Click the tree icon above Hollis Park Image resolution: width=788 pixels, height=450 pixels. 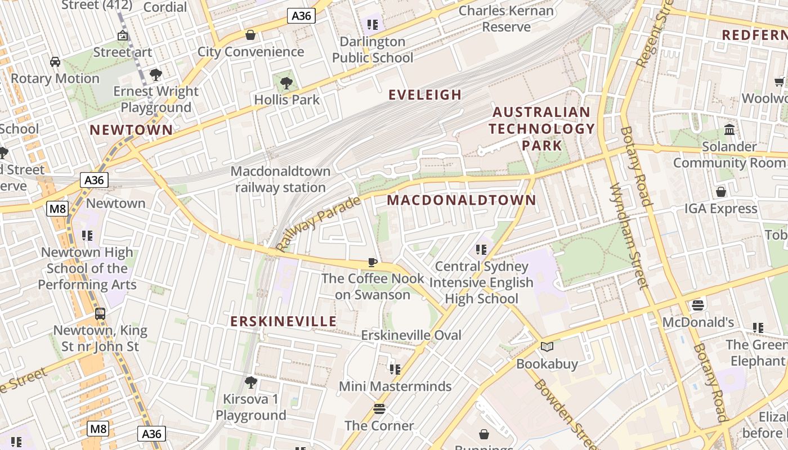(286, 84)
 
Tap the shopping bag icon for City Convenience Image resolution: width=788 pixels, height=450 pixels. (250, 35)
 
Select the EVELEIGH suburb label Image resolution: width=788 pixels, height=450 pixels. (425, 94)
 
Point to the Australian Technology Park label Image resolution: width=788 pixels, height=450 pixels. (541, 129)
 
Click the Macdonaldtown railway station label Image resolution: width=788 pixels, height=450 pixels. (280, 179)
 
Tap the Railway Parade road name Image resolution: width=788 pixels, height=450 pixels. (319, 223)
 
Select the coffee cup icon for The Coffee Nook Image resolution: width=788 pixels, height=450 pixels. (372, 262)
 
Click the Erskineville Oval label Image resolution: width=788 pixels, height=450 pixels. (411, 335)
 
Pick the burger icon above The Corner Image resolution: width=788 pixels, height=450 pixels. (379, 409)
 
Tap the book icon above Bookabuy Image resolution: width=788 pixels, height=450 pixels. (547, 346)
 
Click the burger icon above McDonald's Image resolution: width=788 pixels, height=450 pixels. (698, 305)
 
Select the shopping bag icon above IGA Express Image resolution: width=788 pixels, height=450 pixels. (721, 192)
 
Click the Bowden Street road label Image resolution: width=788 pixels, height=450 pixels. (563, 413)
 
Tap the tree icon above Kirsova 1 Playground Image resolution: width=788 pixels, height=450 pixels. (251, 382)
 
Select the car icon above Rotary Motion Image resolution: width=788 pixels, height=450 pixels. (55, 61)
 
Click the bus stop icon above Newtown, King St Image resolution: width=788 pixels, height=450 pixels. (100, 314)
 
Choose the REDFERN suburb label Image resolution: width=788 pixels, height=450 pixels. (754, 35)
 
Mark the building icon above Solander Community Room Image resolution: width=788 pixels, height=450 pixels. (730, 130)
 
